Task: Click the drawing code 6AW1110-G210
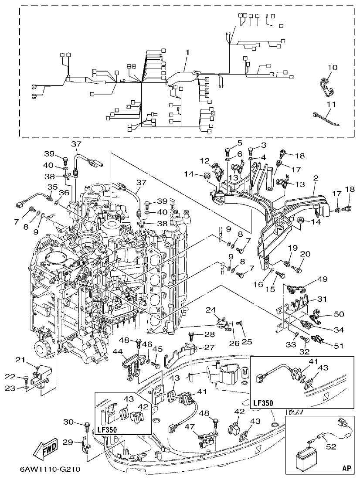click(x=49, y=470)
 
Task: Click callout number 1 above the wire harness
click(x=187, y=52)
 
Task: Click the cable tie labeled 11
click(x=326, y=118)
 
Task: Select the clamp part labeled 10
click(x=326, y=85)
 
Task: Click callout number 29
click(x=67, y=442)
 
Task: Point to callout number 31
click(x=322, y=299)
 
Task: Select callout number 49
click(x=322, y=279)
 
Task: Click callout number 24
click(x=211, y=310)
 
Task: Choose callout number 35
click(x=52, y=187)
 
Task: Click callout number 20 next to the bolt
click(x=305, y=254)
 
